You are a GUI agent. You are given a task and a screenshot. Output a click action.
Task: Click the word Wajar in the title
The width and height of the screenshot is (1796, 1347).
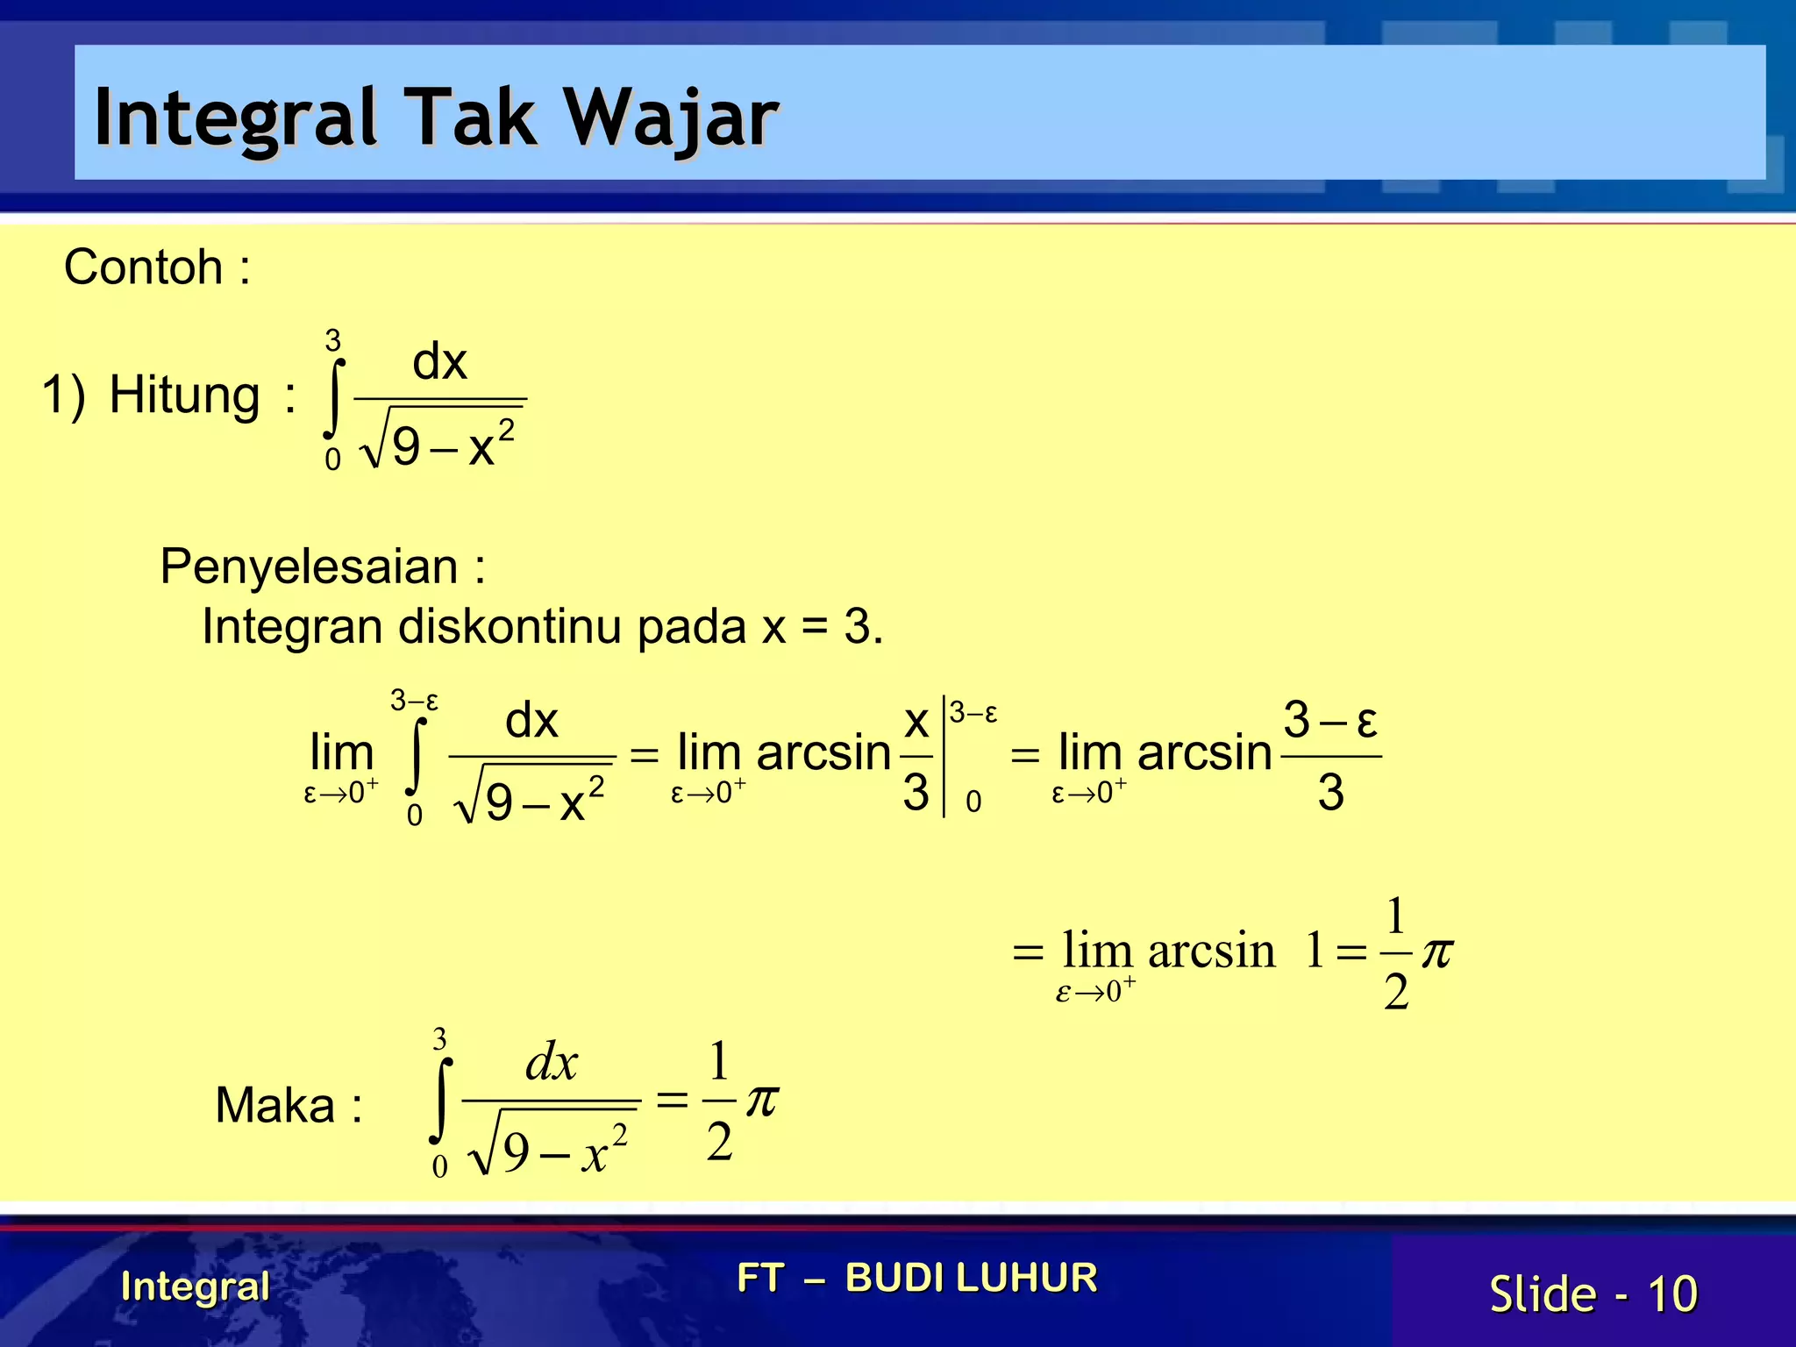coord(670,118)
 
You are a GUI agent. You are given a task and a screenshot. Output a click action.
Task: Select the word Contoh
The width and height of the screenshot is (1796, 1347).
coord(143,267)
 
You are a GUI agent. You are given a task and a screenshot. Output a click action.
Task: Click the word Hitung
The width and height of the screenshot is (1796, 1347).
coord(184,395)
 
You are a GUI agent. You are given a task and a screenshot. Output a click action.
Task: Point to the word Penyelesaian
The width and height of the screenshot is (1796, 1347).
coord(309,566)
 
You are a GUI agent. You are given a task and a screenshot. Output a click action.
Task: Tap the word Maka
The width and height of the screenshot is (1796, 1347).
coord(274,1105)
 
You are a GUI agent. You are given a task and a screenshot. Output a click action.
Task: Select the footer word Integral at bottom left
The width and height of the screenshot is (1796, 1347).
coord(195,1286)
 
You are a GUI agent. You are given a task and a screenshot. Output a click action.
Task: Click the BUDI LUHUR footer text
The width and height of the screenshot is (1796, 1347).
coord(971,1278)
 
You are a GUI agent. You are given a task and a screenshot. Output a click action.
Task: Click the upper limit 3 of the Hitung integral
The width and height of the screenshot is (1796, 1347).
coord(332,339)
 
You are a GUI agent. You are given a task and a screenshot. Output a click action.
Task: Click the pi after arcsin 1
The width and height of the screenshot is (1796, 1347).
coord(1436,951)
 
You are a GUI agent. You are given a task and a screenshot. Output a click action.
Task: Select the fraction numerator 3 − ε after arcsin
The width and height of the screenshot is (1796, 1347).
coord(1330,721)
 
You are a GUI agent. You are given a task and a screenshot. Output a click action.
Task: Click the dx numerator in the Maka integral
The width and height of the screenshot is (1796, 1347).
coord(552,1062)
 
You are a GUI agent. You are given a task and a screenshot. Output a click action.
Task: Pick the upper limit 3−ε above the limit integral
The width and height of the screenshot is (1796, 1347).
coord(414,701)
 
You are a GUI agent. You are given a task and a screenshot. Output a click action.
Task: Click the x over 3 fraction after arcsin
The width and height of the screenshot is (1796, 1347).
coord(916,756)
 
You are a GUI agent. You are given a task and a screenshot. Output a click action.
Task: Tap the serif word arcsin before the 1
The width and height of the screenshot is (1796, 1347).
coord(1211,951)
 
